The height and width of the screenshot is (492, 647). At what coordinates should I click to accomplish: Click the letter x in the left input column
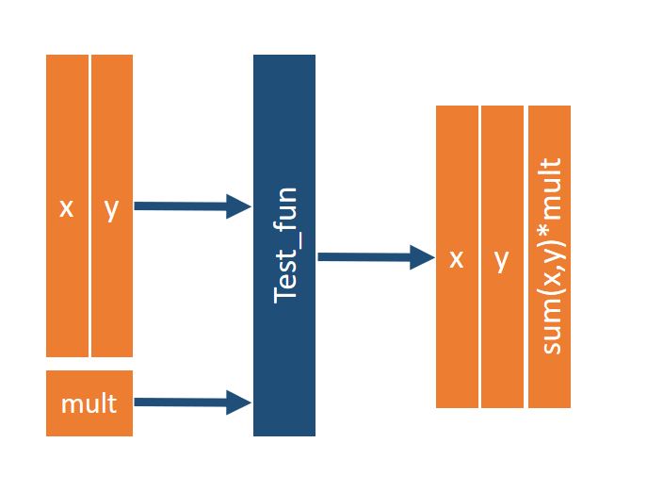(66, 208)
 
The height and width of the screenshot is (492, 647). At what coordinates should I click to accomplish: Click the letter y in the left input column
(111, 208)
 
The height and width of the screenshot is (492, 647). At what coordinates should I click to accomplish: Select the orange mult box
(89, 403)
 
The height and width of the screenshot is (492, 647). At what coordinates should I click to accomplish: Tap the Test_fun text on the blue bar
(284, 245)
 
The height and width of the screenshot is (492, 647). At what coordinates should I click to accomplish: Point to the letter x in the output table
(457, 258)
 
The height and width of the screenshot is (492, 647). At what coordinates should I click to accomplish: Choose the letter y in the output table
(501, 258)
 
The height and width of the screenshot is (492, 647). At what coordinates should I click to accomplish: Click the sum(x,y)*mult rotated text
(551, 256)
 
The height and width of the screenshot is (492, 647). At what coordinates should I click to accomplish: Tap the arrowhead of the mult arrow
(239, 402)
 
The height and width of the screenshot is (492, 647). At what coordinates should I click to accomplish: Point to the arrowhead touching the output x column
(423, 256)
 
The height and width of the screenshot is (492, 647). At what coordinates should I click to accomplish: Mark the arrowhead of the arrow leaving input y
(239, 206)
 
